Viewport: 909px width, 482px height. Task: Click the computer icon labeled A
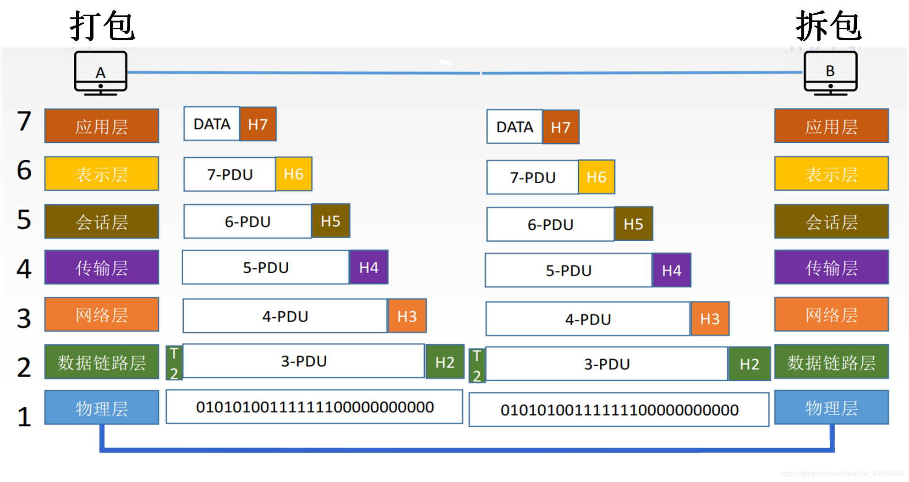coord(101,73)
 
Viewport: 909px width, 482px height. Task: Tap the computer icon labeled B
coord(831,73)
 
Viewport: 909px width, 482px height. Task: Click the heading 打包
coord(102,26)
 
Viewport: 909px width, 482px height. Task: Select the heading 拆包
coord(829,26)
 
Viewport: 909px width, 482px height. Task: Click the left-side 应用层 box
coord(102,126)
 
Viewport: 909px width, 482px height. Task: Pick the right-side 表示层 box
coord(832,173)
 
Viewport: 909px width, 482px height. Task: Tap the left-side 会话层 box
coord(102,222)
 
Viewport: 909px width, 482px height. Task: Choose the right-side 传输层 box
coord(832,267)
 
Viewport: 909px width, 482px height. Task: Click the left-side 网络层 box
coord(102,314)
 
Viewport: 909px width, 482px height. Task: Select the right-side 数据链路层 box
coord(832,362)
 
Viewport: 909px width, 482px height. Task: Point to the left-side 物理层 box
coord(102,407)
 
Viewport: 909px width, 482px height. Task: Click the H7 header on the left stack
coord(258,124)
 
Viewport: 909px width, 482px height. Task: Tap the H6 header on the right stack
coord(597,177)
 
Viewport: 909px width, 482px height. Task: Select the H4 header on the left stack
coord(369,267)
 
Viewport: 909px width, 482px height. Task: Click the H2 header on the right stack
coord(750,364)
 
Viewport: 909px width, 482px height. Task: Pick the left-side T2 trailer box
coord(174,363)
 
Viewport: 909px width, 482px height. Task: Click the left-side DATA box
coord(212,124)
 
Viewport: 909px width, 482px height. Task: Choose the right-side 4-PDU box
coord(588,319)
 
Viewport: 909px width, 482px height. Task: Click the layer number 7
coord(24,121)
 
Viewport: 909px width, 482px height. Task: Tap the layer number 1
coord(24,417)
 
